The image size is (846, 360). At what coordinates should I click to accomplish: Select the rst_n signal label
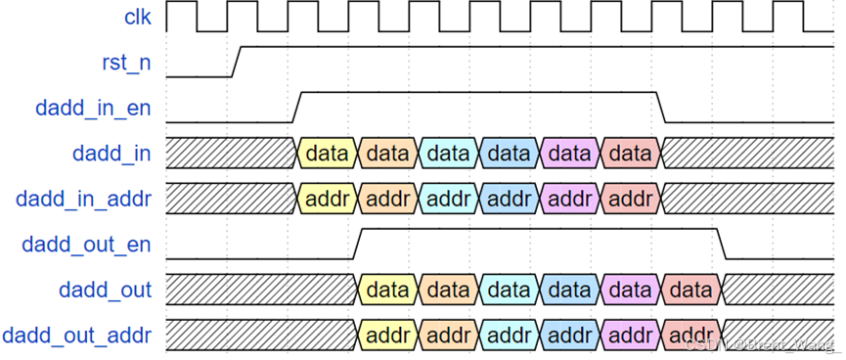click(x=125, y=63)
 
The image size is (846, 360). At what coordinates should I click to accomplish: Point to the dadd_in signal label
click(x=111, y=154)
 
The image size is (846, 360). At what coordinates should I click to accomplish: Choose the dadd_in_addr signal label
click(x=83, y=199)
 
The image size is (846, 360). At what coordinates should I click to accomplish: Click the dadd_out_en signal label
click(x=87, y=245)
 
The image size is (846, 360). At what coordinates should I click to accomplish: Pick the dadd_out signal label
click(x=105, y=290)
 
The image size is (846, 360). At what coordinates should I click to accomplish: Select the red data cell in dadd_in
click(x=630, y=154)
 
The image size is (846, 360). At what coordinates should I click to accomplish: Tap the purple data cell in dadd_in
click(x=569, y=154)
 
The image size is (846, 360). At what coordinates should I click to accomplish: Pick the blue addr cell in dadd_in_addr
click(x=509, y=199)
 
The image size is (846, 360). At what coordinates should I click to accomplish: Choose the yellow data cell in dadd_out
click(x=388, y=290)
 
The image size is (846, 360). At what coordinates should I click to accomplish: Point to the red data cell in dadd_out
click(x=690, y=290)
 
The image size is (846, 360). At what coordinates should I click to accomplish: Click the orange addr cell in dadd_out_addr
click(x=448, y=336)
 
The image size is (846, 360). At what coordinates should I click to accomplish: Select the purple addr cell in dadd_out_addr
click(x=630, y=336)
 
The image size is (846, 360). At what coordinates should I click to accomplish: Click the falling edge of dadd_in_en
click(x=660, y=107)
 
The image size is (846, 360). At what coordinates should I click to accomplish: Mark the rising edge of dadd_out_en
click(x=357, y=244)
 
